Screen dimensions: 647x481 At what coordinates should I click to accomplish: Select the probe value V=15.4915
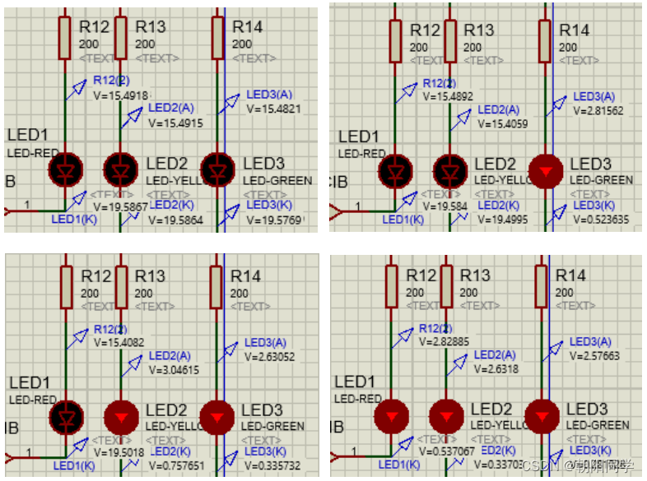(175, 123)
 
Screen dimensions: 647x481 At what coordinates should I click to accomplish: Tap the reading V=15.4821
(273, 109)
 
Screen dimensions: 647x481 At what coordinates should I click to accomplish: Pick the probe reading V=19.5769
(275, 220)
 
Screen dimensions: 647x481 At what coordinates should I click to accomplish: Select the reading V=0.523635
(601, 220)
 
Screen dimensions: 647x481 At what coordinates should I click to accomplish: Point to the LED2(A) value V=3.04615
(175, 370)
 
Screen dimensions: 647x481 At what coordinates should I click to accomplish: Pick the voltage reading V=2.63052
(269, 356)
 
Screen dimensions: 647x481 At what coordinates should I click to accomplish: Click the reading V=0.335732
(272, 466)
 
